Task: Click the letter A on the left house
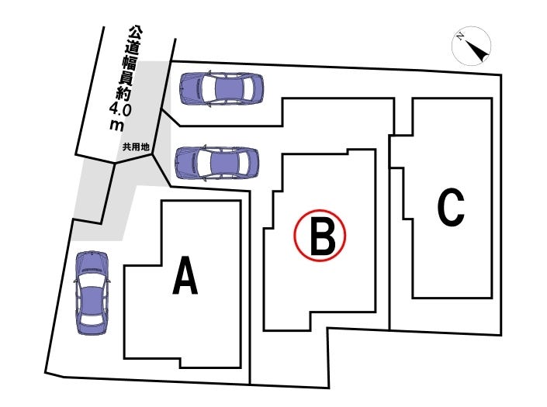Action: (x=185, y=277)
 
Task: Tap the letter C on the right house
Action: (x=451, y=207)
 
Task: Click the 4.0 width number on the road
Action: (x=123, y=109)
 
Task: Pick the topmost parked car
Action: (x=221, y=88)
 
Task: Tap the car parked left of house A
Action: (x=92, y=292)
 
